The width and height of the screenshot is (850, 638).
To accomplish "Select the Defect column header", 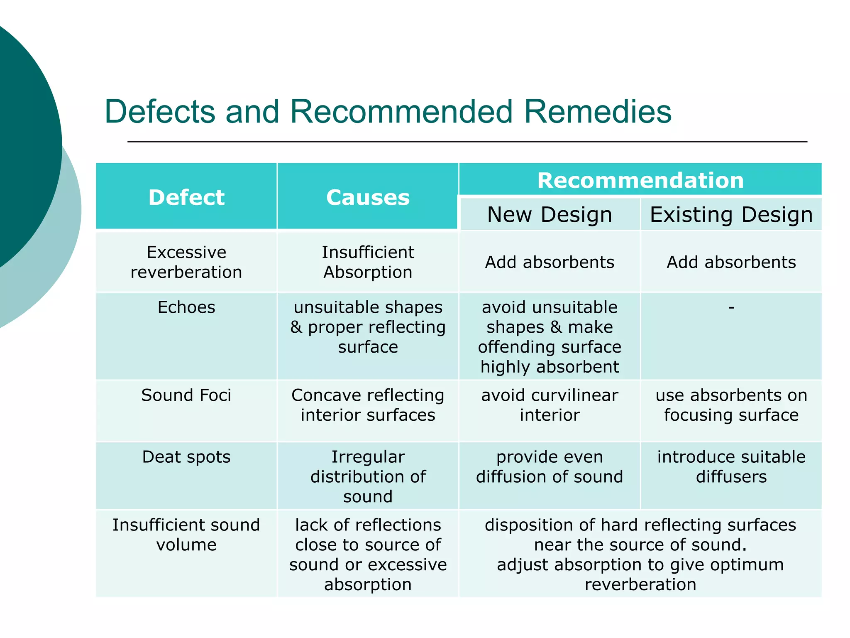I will (x=186, y=197).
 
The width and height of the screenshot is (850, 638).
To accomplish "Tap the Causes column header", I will (x=368, y=197).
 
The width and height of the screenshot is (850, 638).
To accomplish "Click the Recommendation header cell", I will (x=640, y=180).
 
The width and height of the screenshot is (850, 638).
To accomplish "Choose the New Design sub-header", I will (x=550, y=215).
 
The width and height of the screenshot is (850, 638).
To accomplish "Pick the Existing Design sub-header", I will (x=731, y=215).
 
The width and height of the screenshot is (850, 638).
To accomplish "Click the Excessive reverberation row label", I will (x=186, y=262).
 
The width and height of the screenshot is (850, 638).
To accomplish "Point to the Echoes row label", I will (x=186, y=307).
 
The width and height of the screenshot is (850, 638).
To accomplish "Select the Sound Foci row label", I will (x=186, y=395).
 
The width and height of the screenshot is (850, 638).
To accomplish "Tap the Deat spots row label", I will (x=186, y=457).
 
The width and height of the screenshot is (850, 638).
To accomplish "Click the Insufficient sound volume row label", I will (x=186, y=535).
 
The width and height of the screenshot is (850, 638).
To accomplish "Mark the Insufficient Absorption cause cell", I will (x=368, y=262).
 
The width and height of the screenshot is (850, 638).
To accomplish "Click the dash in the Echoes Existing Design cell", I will (x=731, y=307).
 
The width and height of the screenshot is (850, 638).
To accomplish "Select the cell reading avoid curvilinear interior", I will (x=550, y=405).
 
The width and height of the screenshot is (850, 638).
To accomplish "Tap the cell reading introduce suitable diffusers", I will (x=731, y=466).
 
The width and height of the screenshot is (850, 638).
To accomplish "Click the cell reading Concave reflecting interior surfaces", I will (x=368, y=405).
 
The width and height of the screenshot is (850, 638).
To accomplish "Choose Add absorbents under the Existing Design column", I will (x=731, y=262).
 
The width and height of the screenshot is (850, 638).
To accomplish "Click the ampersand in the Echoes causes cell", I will (x=296, y=327).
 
